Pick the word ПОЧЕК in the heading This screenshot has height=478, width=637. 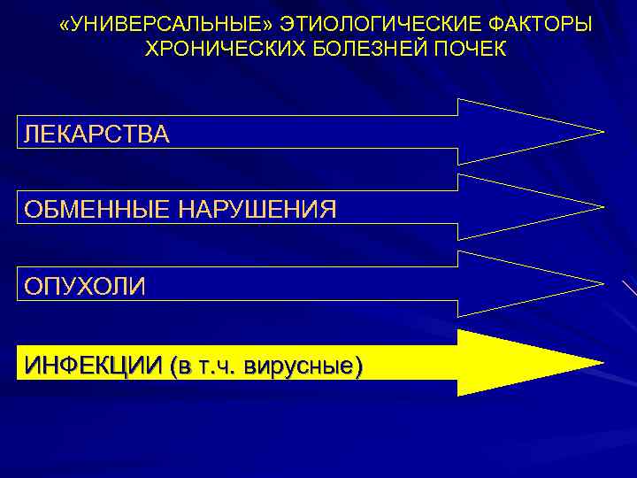coord(470,47)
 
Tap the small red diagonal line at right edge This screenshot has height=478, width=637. coord(629,289)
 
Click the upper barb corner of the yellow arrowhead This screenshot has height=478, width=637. coord(458,330)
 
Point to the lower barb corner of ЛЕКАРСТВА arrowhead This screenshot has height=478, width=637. coord(458,164)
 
